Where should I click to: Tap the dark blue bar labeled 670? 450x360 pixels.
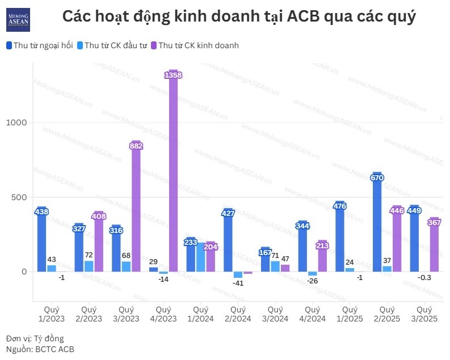377,227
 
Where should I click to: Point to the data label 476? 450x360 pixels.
340,206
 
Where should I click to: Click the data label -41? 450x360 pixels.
238,283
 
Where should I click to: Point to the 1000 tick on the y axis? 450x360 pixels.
17,122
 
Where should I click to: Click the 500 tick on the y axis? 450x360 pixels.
19,197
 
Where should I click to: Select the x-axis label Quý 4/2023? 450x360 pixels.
163,314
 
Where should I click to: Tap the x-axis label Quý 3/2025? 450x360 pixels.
424,314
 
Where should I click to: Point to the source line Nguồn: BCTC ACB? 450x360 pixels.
40,349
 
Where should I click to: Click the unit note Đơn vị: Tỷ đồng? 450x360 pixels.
35,338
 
